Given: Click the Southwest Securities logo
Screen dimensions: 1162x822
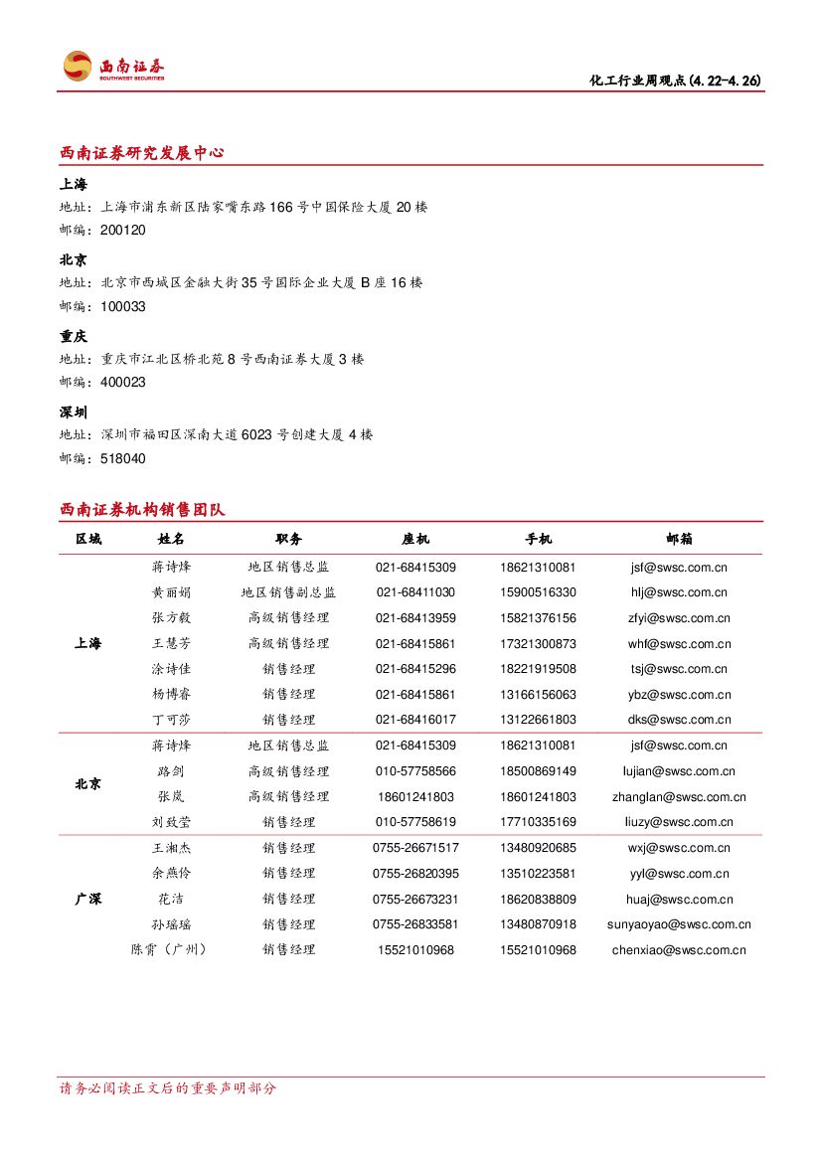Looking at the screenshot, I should coord(113,67).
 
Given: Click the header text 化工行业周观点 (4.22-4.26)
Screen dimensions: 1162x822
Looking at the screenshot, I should coord(675,81).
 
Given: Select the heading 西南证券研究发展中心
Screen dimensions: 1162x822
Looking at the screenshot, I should coord(142,153).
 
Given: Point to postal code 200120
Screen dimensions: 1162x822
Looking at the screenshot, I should coord(123,231).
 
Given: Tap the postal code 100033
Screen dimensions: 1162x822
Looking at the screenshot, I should coord(123,307).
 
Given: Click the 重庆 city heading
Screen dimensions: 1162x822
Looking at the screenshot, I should coord(74,337).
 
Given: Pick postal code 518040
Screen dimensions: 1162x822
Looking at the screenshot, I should coord(123,459).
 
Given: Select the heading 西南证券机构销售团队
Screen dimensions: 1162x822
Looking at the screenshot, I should coord(142,510).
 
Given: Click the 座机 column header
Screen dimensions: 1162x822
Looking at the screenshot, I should coord(415,539).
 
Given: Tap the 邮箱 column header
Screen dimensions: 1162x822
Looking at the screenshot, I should coord(680,539).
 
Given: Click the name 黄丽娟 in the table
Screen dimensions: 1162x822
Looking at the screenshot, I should coord(171,592).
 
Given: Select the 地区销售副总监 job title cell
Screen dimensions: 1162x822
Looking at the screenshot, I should coord(288,592).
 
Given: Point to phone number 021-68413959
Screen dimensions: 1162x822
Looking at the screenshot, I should coord(415,618).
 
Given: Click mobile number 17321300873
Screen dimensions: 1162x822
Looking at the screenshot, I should coord(538,644).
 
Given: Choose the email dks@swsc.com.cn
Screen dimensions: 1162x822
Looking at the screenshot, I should coord(680,720).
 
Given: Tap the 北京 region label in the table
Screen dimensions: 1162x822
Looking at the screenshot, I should coord(88,784).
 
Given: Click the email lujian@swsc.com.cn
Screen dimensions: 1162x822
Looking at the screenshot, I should coord(680,771).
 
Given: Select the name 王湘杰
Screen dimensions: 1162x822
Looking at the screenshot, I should coord(171,848).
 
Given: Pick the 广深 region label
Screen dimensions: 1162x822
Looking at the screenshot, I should coord(88,899).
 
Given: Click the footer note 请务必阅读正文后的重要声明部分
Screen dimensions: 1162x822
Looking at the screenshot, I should coord(168,1088).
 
